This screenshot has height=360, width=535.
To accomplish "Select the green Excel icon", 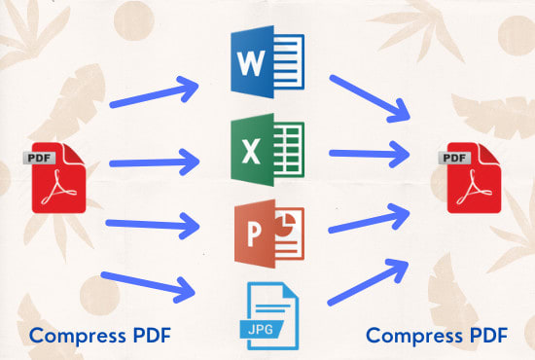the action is [267, 151].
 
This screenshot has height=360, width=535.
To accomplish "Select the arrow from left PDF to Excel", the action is [156, 156].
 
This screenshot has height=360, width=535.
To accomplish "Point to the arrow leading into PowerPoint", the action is [156, 223].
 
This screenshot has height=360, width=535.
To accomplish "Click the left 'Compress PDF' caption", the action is [100, 336].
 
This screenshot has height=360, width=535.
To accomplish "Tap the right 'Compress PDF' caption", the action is [437, 336].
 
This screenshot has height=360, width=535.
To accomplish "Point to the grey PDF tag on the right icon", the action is [454, 156].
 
